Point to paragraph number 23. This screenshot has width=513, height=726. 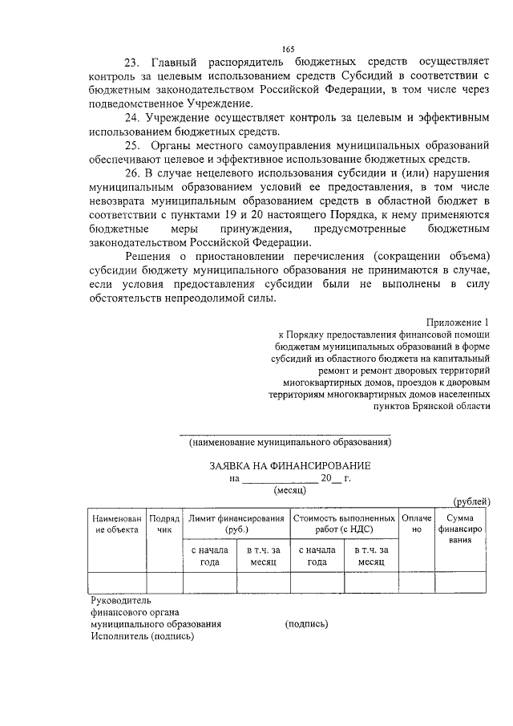[133, 63]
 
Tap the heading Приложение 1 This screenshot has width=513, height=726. [458, 322]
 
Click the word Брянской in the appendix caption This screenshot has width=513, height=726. [434, 407]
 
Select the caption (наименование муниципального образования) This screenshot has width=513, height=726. [290, 442]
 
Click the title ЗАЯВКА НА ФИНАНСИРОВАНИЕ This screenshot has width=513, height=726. [290, 466]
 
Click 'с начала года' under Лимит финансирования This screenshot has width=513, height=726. [209, 556]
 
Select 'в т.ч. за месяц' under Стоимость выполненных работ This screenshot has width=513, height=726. [371, 556]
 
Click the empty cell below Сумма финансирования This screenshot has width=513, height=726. [459, 582]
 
